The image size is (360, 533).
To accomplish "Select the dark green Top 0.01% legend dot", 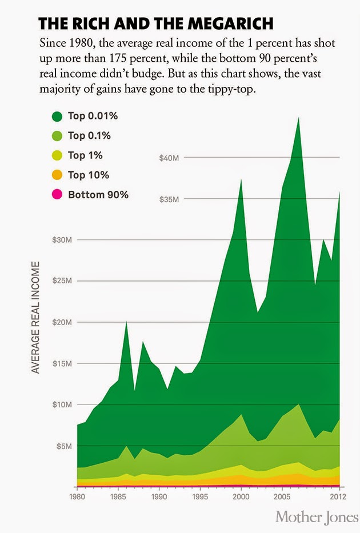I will [57, 117].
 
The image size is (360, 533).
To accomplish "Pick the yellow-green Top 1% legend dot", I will [57, 155].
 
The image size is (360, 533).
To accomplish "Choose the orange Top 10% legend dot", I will [57, 175].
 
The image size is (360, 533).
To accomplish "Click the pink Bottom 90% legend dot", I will [57, 195].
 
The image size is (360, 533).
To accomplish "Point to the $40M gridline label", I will [169, 158].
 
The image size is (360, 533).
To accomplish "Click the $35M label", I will [169, 199].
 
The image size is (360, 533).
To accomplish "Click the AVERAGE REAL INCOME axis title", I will [35, 318].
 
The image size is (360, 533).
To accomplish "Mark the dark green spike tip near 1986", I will [126, 323].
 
